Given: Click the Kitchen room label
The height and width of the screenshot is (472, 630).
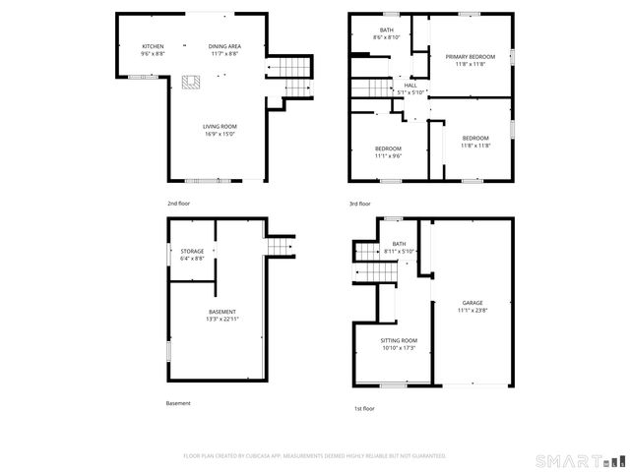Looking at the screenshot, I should (153, 46).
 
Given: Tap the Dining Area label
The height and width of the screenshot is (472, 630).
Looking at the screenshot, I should (224, 46).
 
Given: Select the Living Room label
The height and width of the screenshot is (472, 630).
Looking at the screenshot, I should (220, 127).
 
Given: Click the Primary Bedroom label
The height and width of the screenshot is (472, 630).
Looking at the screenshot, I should (469, 57).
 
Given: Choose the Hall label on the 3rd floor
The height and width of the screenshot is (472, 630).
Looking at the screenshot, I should (409, 86).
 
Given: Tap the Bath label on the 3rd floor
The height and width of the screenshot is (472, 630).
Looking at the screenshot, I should (386, 31).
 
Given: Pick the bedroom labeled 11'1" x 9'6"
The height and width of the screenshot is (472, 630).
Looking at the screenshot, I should (388, 147).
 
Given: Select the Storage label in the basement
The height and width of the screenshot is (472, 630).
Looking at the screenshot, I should (192, 251).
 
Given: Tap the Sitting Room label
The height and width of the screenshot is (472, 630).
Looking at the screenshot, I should (399, 340).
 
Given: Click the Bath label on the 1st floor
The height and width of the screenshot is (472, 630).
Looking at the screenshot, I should (399, 244).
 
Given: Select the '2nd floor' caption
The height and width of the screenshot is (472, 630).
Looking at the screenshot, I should (178, 203).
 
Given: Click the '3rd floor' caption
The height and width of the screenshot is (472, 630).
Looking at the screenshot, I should (360, 204).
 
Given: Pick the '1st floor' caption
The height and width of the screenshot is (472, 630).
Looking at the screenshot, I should (364, 408).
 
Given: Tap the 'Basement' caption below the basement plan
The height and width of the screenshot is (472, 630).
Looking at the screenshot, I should (178, 403).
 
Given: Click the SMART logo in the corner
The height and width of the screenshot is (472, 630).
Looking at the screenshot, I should (579, 460).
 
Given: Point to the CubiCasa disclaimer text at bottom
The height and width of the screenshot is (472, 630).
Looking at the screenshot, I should (315, 456).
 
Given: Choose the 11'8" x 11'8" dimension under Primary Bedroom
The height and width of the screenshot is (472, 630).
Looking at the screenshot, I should (469, 64).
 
